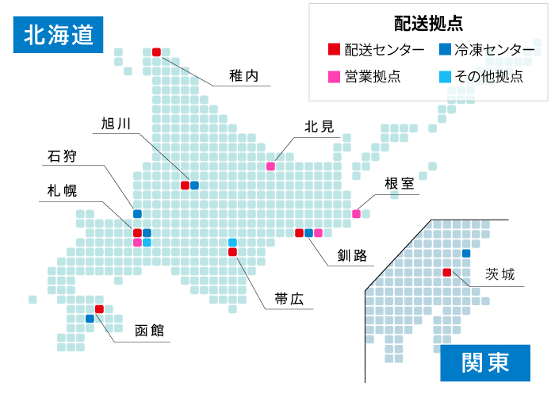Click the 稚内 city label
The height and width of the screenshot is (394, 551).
(243, 77)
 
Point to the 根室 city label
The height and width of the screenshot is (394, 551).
(399, 184)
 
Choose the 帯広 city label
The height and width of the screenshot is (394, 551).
(289, 300)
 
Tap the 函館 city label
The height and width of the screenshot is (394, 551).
(149, 330)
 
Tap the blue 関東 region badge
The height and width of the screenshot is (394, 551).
(485, 363)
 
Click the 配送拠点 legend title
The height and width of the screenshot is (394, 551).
(428, 23)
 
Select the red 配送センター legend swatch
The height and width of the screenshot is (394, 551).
(334, 51)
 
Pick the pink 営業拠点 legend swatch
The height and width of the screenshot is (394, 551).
(334, 77)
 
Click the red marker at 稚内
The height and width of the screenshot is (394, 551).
(156, 52)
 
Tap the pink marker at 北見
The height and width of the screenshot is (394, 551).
(270, 166)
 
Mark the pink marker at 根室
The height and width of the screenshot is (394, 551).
(356, 214)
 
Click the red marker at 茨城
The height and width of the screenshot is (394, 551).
(446, 273)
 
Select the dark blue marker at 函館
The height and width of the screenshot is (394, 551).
(90, 319)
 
